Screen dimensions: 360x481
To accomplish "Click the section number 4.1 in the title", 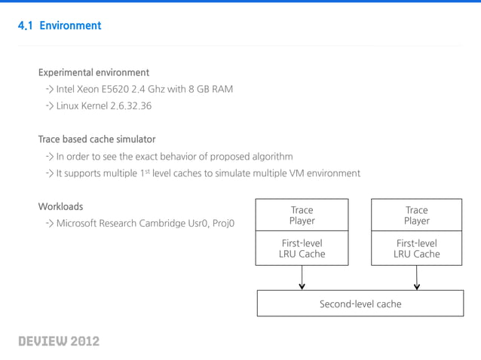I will pyautogui.click(x=26, y=26).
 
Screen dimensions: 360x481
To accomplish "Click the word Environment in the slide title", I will pyautogui.click(x=70, y=26).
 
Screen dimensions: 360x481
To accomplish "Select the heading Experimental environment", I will pyautogui.click(x=93, y=73).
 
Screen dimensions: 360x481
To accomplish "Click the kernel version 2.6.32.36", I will pyautogui.click(x=124, y=106).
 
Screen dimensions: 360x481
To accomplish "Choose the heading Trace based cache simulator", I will pyautogui.click(x=97, y=139).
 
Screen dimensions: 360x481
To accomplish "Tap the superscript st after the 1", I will pyautogui.click(x=146, y=171).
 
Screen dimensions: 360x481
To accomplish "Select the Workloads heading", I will pyautogui.click(x=60, y=206).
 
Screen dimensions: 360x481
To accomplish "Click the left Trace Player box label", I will pyautogui.click(x=302, y=215).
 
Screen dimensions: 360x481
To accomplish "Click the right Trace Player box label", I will pyautogui.click(x=416, y=215).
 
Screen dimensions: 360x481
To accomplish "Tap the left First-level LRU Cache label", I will pyautogui.click(x=302, y=249).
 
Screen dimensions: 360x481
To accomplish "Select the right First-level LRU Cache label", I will pyautogui.click(x=416, y=249).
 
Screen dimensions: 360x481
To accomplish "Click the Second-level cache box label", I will pyautogui.click(x=360, y=304).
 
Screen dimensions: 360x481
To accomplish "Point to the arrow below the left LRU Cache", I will pyautogui.click(x=302, y=278).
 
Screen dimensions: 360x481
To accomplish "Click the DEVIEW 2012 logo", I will pyautogui.click(x=59, y=341).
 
